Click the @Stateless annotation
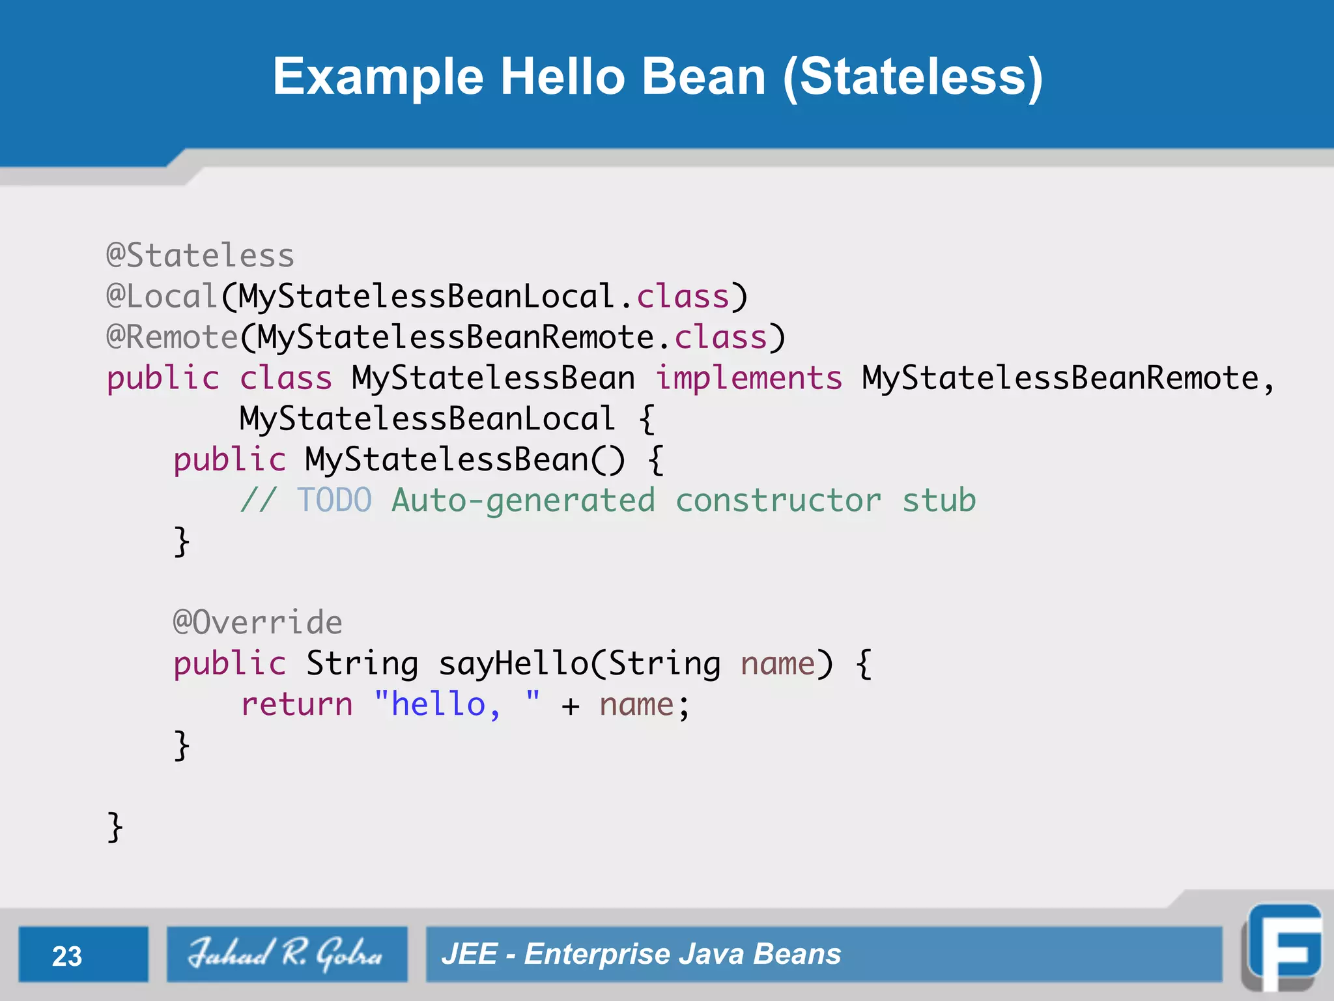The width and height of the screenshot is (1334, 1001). tap(201, 255)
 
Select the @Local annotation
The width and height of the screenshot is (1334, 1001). tap(162, 297)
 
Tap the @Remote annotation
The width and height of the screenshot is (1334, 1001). tap(173, 338)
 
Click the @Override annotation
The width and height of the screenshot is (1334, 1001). tap(257, 622)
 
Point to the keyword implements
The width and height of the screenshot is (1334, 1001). tap(748, 379)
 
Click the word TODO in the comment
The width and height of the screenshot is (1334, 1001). tap(335, 500)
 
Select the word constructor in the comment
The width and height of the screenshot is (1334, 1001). tap(778, 500)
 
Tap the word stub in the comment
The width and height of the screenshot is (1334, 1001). tap(939, 500)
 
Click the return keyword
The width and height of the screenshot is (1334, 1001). tap(296, 704)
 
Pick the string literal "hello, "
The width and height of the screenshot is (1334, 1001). tap(457, 704)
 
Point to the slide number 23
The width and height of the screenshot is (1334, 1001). tap(67, 956)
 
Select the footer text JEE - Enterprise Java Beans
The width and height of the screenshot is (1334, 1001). tap(641, 954)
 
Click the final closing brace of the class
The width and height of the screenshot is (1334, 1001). tap(115, 827)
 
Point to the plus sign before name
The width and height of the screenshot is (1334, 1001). tap(571, 706)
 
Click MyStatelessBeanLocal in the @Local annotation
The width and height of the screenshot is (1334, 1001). tap(426, 297)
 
